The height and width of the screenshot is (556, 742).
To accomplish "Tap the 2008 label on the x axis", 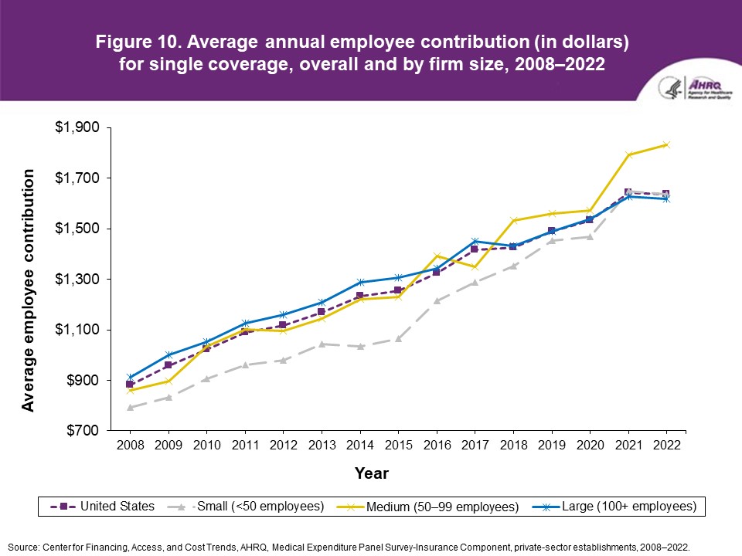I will (129, 445).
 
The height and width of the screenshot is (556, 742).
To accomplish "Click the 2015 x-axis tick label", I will (398, 445).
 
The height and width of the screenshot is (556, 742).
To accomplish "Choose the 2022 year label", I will (667, 445).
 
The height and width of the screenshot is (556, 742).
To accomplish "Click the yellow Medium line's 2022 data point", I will (666, 144).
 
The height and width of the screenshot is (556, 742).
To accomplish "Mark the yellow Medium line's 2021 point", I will (628, 154).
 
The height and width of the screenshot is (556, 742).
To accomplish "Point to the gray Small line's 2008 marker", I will (130, 407).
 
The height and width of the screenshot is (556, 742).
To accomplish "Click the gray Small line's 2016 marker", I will (437, 300).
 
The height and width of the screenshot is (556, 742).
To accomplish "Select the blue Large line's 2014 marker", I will (359, 282).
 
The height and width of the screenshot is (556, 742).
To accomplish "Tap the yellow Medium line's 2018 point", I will (513, 220).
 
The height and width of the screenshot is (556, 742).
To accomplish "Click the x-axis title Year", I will (372, 473).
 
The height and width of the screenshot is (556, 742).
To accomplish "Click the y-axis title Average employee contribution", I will (29, 290).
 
